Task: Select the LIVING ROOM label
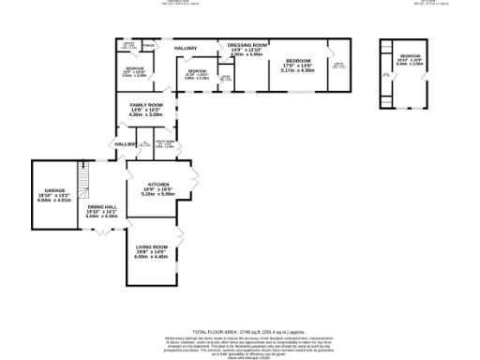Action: pyautogui.click(x=151, y=247)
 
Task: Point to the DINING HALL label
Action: pyautogui.click(x=102, y=206)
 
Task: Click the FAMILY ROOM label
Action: pyautogui.click(x=146, y=105)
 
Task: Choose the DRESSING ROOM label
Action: pyautogui.click(x=249, y=45)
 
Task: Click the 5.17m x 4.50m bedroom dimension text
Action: pyautogui.click(x=297, y=69)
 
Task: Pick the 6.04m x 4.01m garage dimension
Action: pyautogui.click(x=52, y=200)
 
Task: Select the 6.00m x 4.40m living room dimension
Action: pyautogui.click(x=151, y=257)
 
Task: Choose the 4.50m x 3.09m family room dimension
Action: pyautogui.click(x=146, y=114)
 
